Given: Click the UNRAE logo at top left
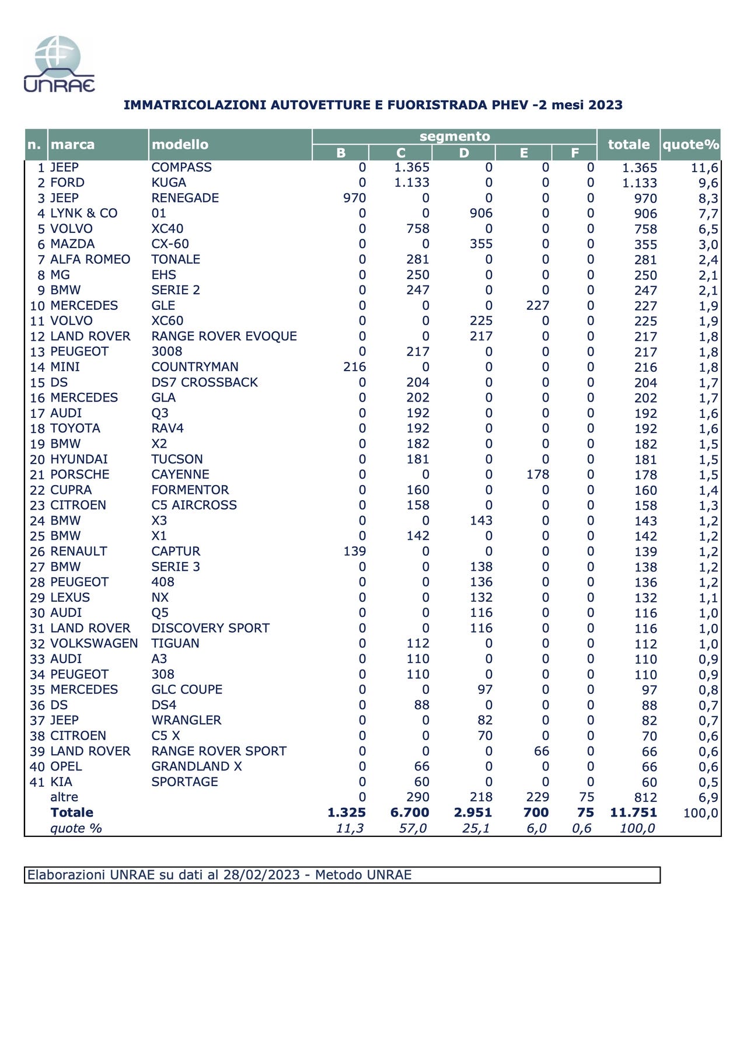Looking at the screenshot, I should pos(58,64).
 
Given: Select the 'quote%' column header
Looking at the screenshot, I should pos(690,145).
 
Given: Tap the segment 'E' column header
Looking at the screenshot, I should pos(523,153).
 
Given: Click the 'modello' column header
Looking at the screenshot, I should pos(180,145).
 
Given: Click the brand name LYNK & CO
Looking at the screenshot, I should pos(83,213).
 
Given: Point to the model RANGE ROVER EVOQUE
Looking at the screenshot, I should pos(224,336).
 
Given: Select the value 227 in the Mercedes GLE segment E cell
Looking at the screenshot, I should pos(537,305).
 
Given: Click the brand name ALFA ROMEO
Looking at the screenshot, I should pos(90,259).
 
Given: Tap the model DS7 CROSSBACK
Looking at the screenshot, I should pos(204,382).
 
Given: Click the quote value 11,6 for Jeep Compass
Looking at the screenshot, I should pos(704,168).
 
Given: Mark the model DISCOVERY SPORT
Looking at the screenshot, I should pos(210,628).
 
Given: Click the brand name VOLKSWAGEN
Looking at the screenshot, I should pos(94,643).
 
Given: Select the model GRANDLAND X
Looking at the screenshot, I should pos(196,766).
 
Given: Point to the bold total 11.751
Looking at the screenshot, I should pos(633,812).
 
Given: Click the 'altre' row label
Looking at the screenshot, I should pos(64,797).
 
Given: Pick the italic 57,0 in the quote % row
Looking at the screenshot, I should pos(413,828).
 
